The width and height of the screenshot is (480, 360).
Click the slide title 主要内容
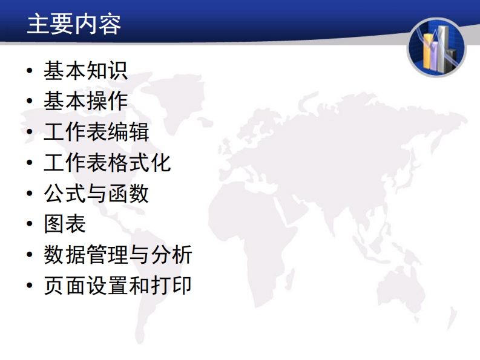click(74, 24)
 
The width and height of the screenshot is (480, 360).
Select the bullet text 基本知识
click(86, 71)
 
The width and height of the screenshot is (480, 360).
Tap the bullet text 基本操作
click(86, 101)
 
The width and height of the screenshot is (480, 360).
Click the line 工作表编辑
click(96, 132)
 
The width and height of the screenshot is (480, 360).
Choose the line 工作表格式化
click(107, 163)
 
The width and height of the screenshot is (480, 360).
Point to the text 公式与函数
click(96, 194)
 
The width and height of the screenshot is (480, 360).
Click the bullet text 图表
click(65, 224)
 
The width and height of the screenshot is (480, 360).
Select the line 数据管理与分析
click(118, 254)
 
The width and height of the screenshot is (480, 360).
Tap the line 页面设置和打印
click(118, 286)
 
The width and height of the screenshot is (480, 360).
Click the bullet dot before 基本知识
click(30, 71)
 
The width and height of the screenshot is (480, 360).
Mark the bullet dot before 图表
click(30, 224)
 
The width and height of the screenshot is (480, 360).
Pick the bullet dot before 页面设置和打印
click(30, 286)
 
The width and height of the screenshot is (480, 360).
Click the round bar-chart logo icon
click(436, 47)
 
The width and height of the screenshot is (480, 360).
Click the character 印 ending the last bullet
click(182, 286)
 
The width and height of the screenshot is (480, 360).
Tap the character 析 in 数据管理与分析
click(182, 254)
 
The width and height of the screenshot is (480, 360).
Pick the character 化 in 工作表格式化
click(161, 163)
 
